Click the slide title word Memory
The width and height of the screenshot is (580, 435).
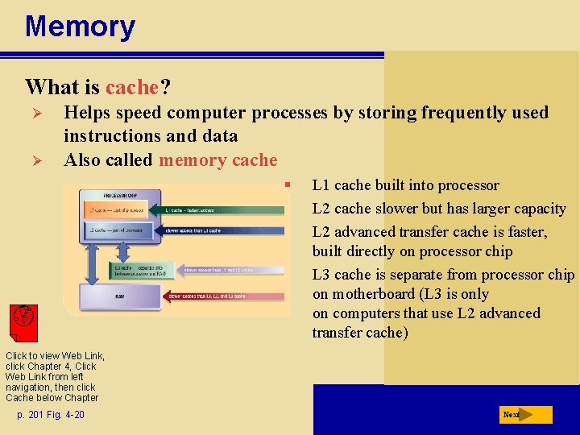click(80, 27)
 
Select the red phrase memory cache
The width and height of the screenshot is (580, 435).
click(217, 160)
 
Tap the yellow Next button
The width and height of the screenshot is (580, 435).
click(524, 415)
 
